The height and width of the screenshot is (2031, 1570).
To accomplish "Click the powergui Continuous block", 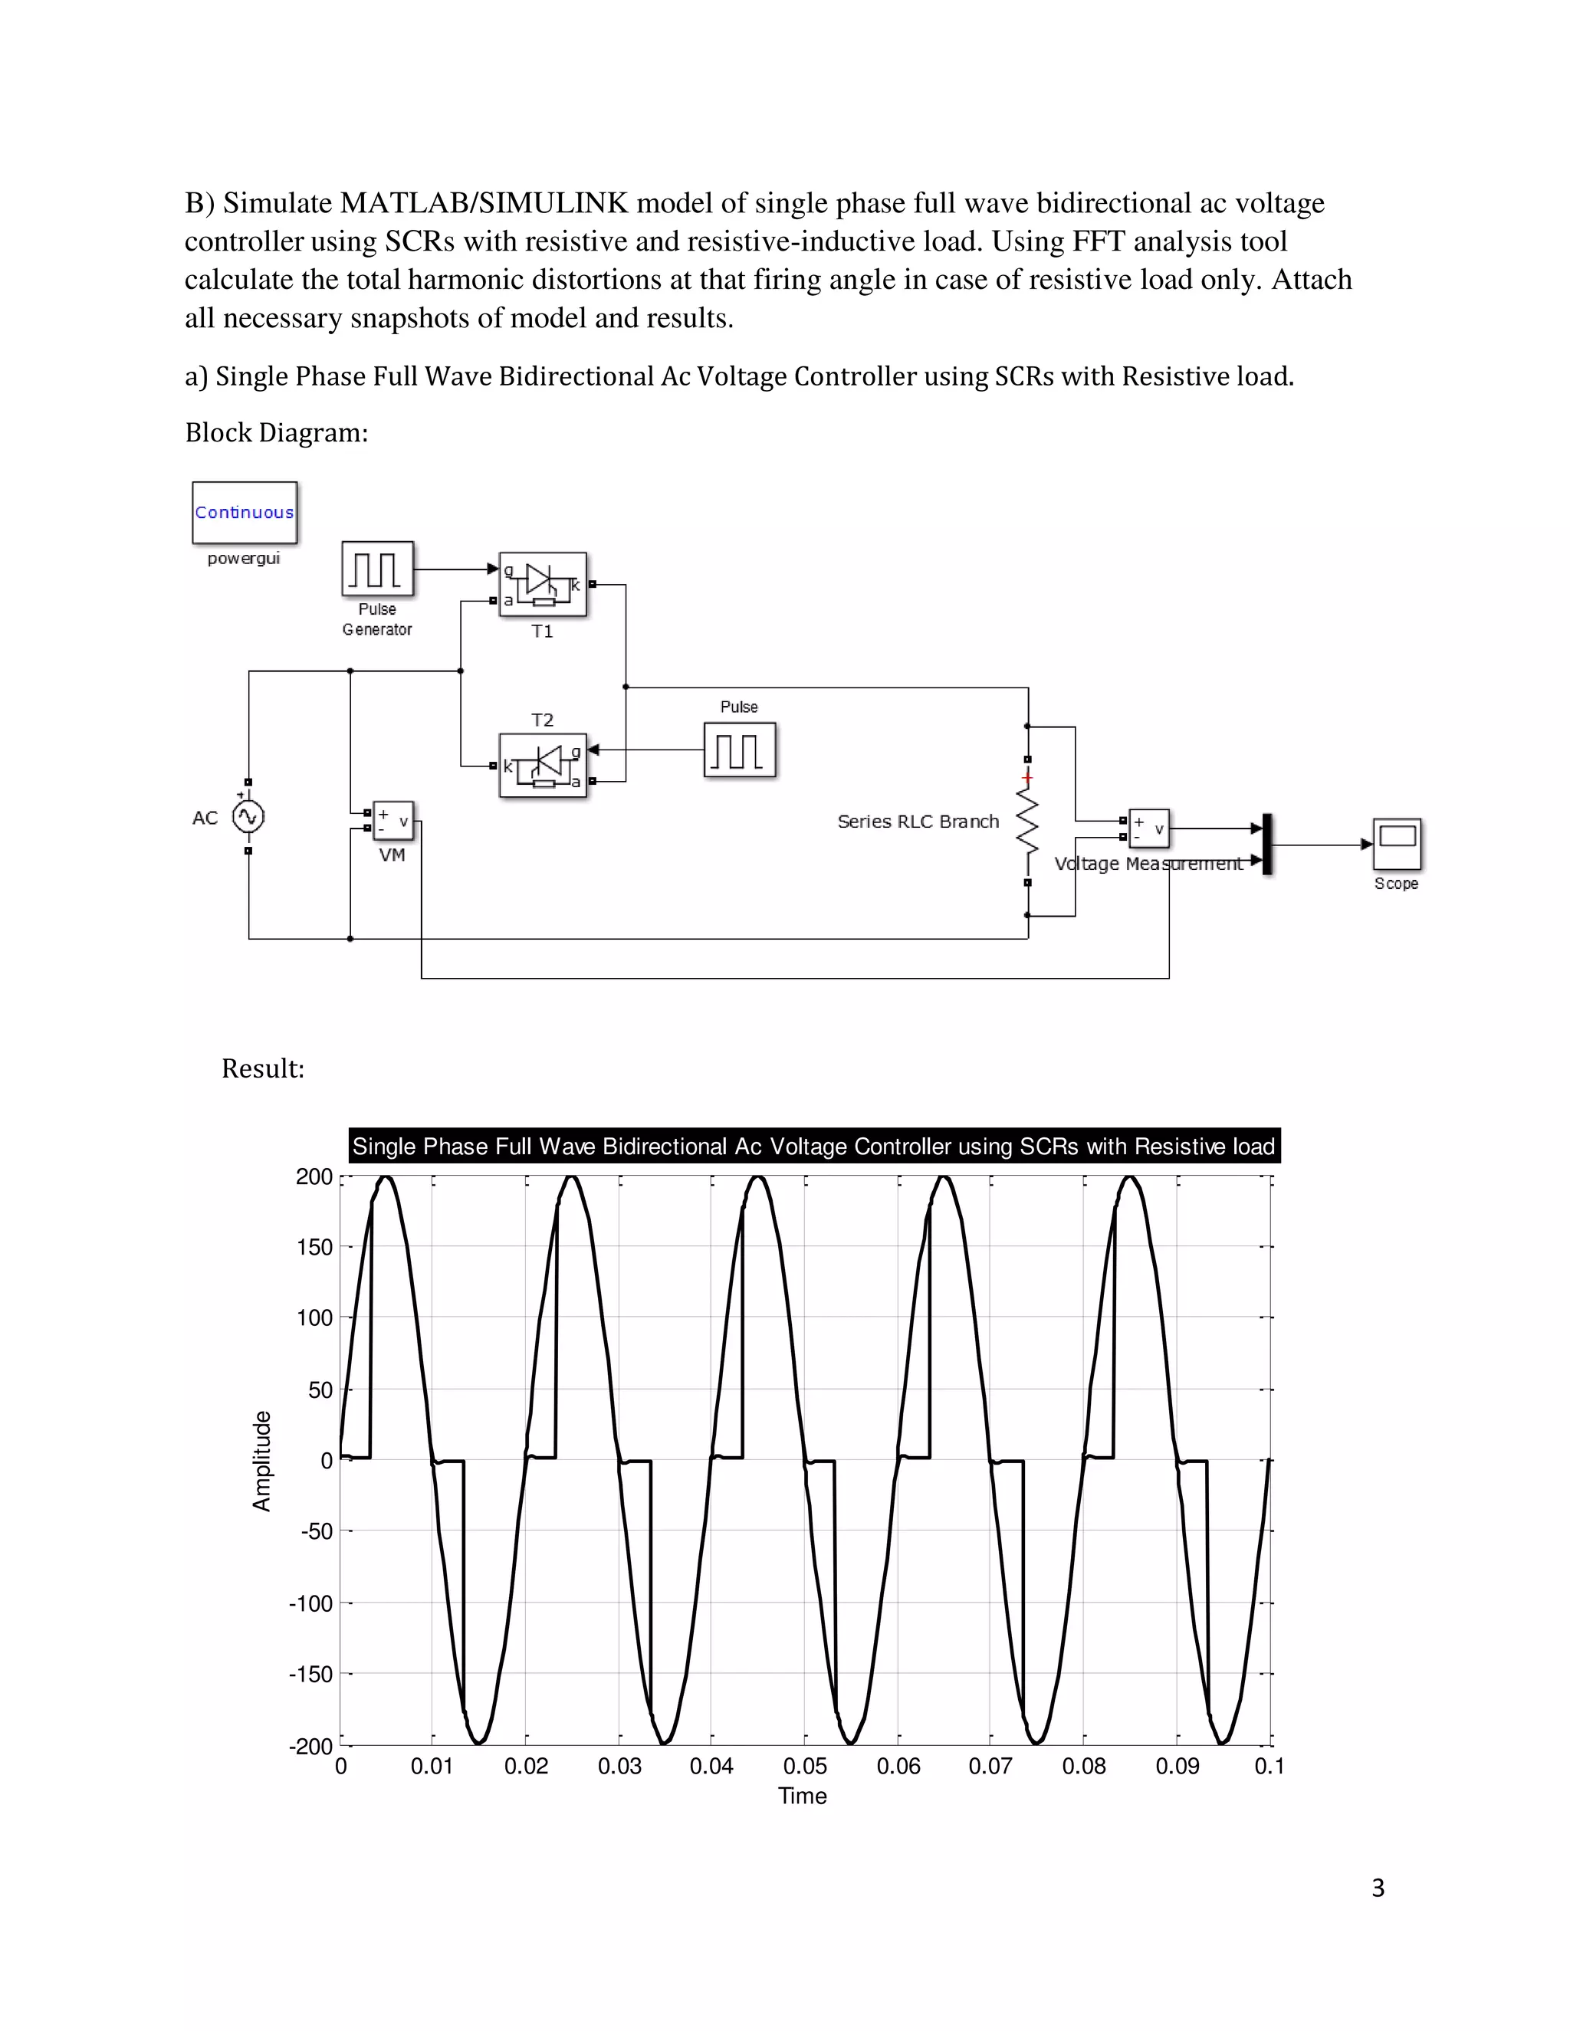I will pyautogui.click(x=245, y=513).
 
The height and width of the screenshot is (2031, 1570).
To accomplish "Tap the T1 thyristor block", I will pyautogui.click(x=544, y=585).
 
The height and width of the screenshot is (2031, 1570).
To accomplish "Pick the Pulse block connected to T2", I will pyautogui.click(x=740, y=750).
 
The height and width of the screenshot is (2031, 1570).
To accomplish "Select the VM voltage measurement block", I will pyautogui.click(x=393, y=821).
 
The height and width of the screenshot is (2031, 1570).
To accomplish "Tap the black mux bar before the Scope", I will pyautogui.click(x=1266, y=845).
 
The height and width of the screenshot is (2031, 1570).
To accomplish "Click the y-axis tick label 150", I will pyautogui.click(x=314, y=1247).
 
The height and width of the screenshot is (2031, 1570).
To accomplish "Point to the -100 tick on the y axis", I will pyautogui.click(x=310, y=1603).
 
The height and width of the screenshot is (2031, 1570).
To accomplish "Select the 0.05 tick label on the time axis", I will pyautogui.click(x=804, y=1766).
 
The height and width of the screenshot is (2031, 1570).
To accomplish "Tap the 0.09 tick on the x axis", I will pyautogui.click(x=1177, y=1766).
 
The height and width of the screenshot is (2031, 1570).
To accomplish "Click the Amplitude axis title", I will pyautogui.click(x=262, y=1461).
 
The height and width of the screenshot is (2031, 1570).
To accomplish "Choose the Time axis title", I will pyautogui.click(x=802, y=1796).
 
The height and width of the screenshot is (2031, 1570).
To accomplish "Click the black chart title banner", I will pyautogui.click(x=814, y=1146).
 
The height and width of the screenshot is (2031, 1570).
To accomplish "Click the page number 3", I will pyautogui.click(x=1378, y=1888).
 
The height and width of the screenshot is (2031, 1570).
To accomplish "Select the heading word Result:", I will pyautogui.click(x=263, y=1068).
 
